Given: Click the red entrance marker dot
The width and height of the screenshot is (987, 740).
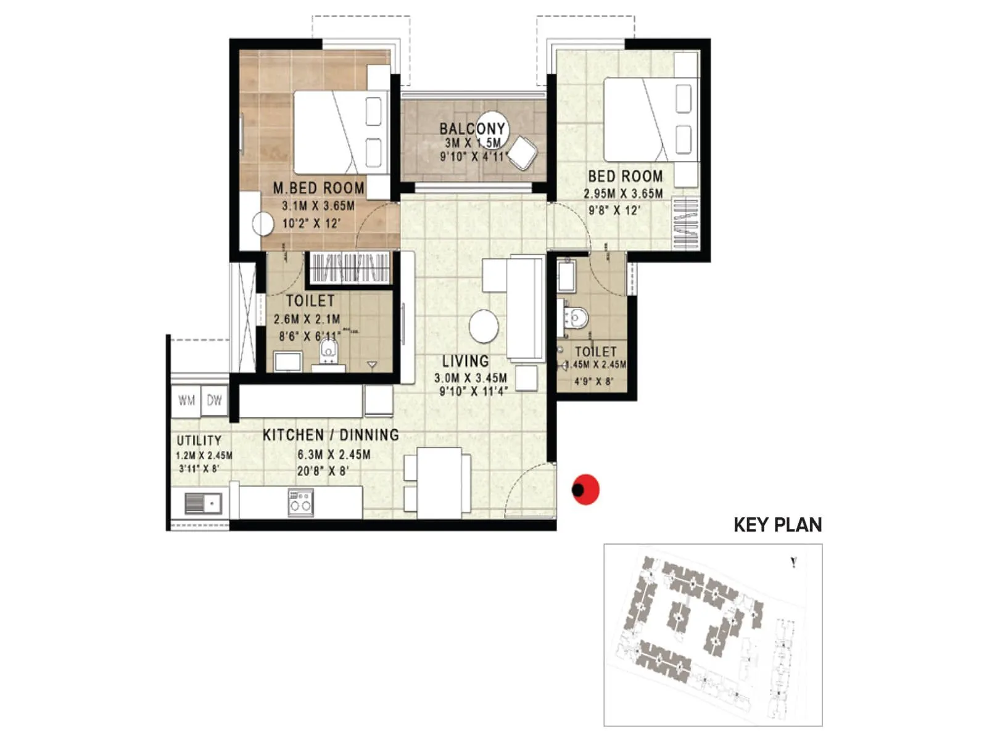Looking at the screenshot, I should [585, 490].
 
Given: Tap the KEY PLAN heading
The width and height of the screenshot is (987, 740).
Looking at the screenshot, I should [777, 525].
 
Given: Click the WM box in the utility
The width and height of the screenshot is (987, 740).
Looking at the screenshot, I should [186, 401].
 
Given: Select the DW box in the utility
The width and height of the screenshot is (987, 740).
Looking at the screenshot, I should [214, 401].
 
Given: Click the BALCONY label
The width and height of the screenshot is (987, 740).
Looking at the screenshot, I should [472, 129].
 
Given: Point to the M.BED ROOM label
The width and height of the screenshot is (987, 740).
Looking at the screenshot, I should [318, 187].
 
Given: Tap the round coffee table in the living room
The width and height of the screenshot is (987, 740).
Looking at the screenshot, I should [484, 326].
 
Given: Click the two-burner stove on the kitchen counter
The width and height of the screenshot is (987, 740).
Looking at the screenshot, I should [300, 502].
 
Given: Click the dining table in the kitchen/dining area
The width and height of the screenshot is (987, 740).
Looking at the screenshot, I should [439, 482].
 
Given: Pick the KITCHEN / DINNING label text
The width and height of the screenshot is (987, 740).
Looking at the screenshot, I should [331, 435].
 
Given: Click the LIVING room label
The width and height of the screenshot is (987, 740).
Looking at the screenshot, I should [465, 361].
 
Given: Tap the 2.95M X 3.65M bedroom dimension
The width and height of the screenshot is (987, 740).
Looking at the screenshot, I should [623, 194].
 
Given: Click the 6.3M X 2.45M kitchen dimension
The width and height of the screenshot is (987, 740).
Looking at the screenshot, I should [334, 454].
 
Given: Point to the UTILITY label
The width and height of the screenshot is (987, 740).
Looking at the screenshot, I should [199, 440].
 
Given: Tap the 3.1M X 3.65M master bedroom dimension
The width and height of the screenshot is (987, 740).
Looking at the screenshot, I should [318, 206].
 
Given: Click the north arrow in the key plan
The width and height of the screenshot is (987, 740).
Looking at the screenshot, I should [793, 562].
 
